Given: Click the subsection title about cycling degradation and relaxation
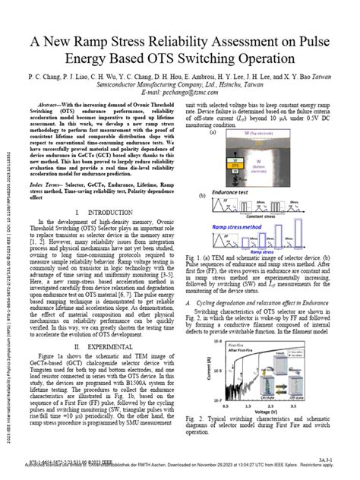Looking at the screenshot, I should (x=258, y=302).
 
